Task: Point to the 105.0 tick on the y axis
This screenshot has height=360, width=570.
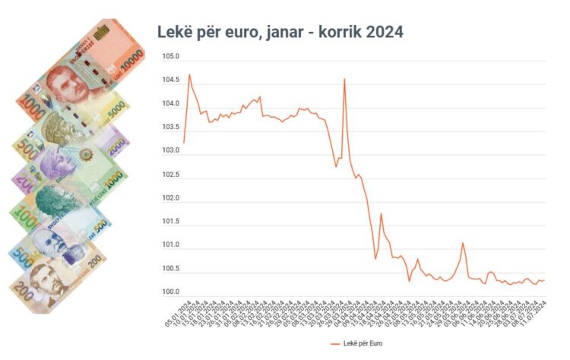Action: coord(171,57)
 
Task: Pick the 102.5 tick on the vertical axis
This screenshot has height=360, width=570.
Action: coord(171,175)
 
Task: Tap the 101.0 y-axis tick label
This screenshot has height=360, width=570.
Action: coord(171,245)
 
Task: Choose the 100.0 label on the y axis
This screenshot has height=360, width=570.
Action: coord(171,292)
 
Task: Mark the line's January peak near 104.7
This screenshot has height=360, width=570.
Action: coord(189,74)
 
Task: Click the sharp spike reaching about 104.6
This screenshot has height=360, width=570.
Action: coord(345,79)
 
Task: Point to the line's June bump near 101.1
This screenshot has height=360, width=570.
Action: coord(463,243)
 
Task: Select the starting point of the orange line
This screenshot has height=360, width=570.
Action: coord(184,142)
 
